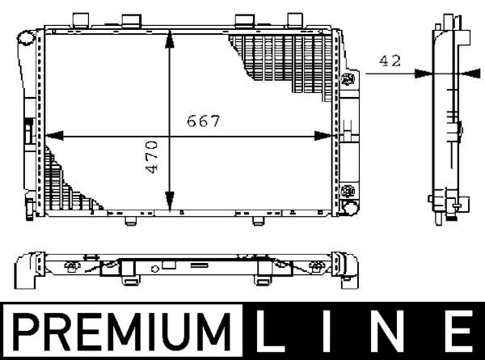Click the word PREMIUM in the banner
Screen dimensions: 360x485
click(x=125, y=332)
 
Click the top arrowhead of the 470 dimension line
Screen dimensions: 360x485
click(x=169, y=36)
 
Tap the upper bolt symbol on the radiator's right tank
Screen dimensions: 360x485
click(x=349, y=78)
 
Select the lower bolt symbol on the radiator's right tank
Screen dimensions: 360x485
click(x=349, y=190)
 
